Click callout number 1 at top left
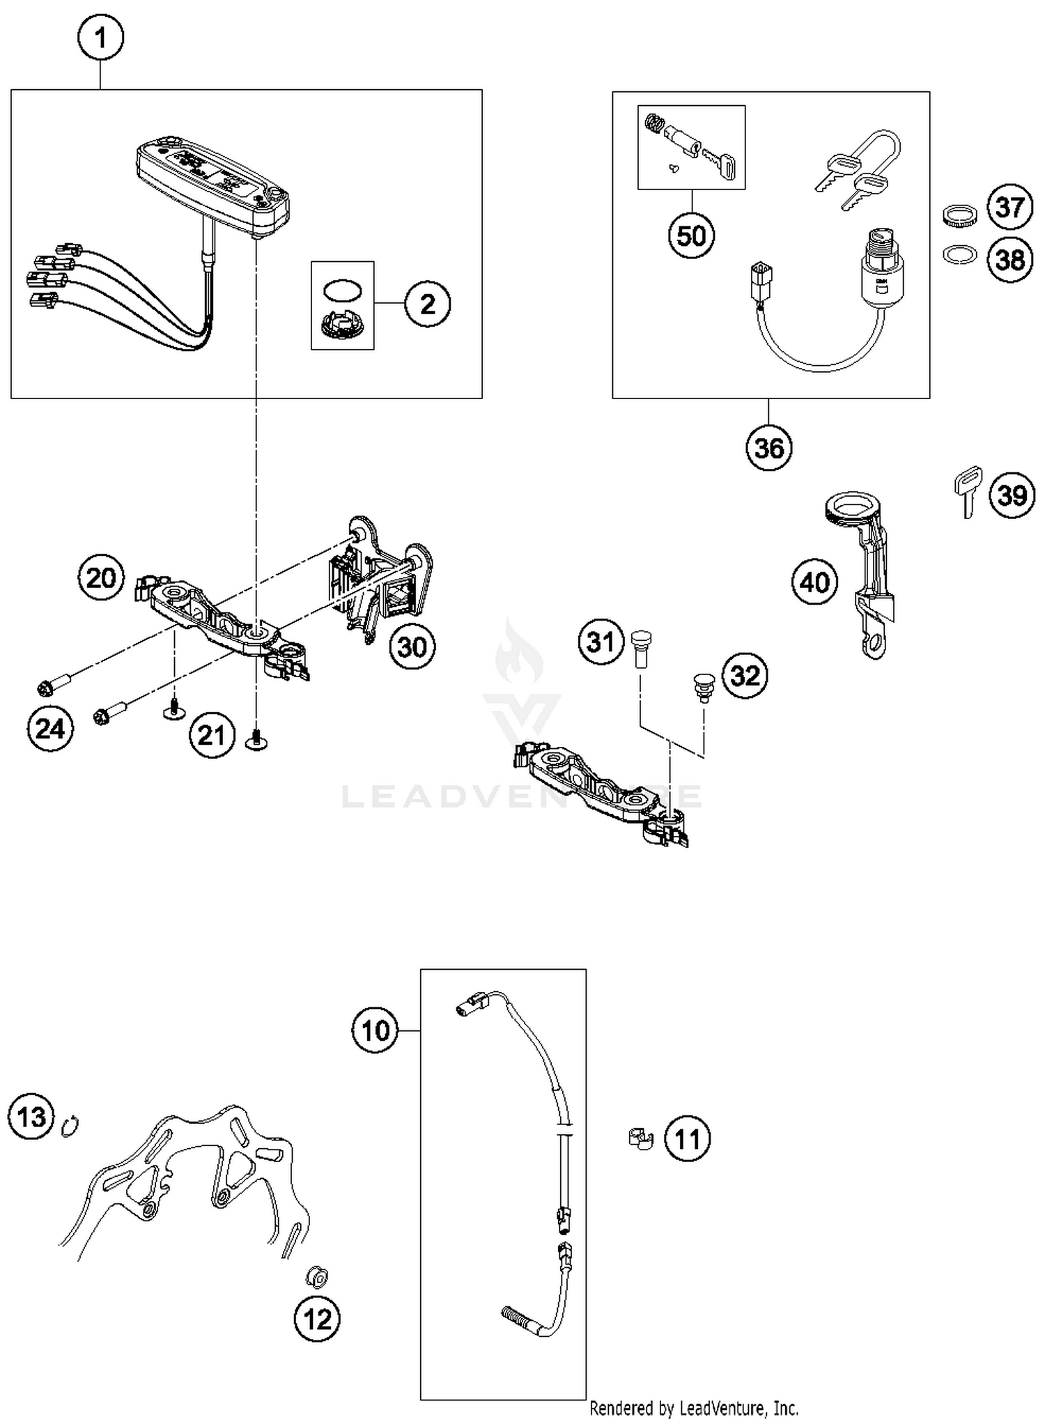[101, 38]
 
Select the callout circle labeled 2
[427, 304]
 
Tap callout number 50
[691, 235]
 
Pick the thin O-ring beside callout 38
[959, 255]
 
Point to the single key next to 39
[967, 488]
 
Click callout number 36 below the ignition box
[769, 447]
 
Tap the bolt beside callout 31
[640, 647]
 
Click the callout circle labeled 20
[102, 578]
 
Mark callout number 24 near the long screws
[50, 729]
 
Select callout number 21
[212, 735]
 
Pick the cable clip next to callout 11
[640, 1139]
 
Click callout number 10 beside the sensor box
[376, 1030]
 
